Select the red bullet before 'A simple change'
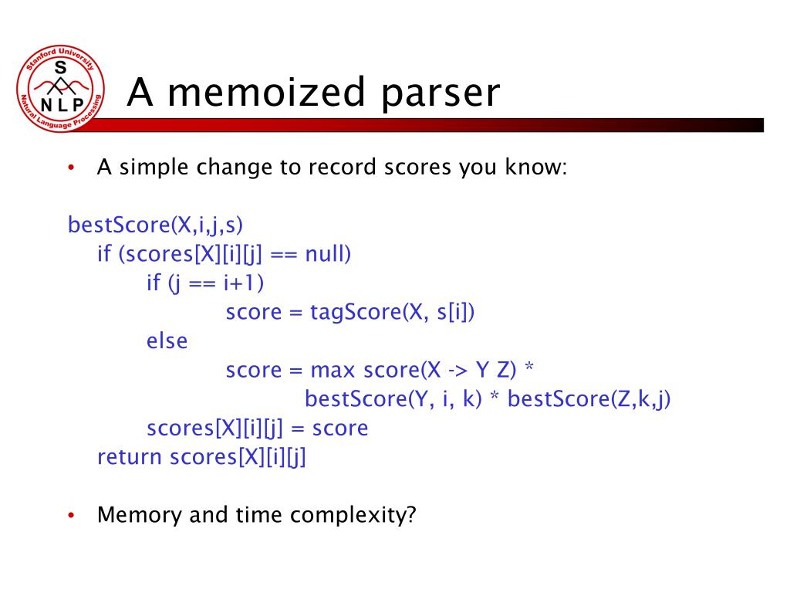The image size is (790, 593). [x=71, y=168]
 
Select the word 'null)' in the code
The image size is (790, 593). [x=328, y=254]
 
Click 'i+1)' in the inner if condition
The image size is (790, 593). [x=245, y=283]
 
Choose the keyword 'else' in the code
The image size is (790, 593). [x=167, y=341]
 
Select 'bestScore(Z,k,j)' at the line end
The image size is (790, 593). [x=590, y=400]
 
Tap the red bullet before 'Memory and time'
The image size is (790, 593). [x=71, y=516]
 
